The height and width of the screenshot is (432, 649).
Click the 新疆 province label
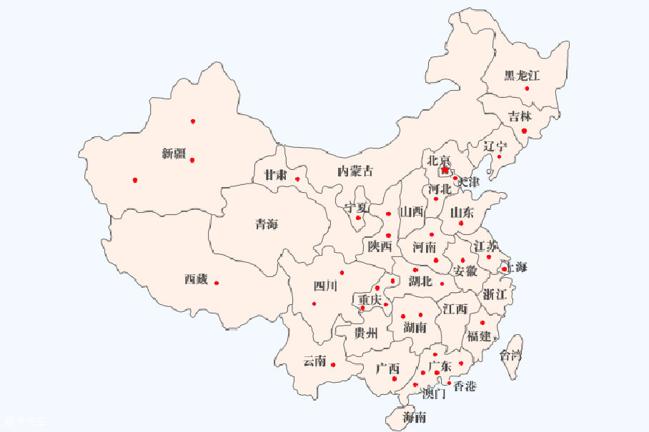[174, 154]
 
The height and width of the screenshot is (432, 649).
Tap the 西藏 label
[196, 280]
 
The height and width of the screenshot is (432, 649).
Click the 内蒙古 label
[355, 171]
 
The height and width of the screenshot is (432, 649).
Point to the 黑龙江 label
[521, 75]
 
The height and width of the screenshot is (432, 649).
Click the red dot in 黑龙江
[527, 89]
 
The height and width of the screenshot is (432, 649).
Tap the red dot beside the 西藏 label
[217, 283]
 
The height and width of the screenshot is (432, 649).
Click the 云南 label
[314, 361]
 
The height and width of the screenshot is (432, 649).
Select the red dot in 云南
[333, 365]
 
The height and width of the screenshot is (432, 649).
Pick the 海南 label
[415, 417]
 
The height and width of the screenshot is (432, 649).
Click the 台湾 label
[511, 355]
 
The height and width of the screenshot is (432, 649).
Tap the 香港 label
[465, 386]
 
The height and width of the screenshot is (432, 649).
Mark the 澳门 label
[434, 393]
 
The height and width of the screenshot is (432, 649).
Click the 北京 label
[439, 161]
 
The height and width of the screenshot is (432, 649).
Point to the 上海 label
[515, 268]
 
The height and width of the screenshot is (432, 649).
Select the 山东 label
[462, 212]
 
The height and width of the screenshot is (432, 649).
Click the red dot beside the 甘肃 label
[297, 179]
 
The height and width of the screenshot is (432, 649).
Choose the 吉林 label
[520, 117]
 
